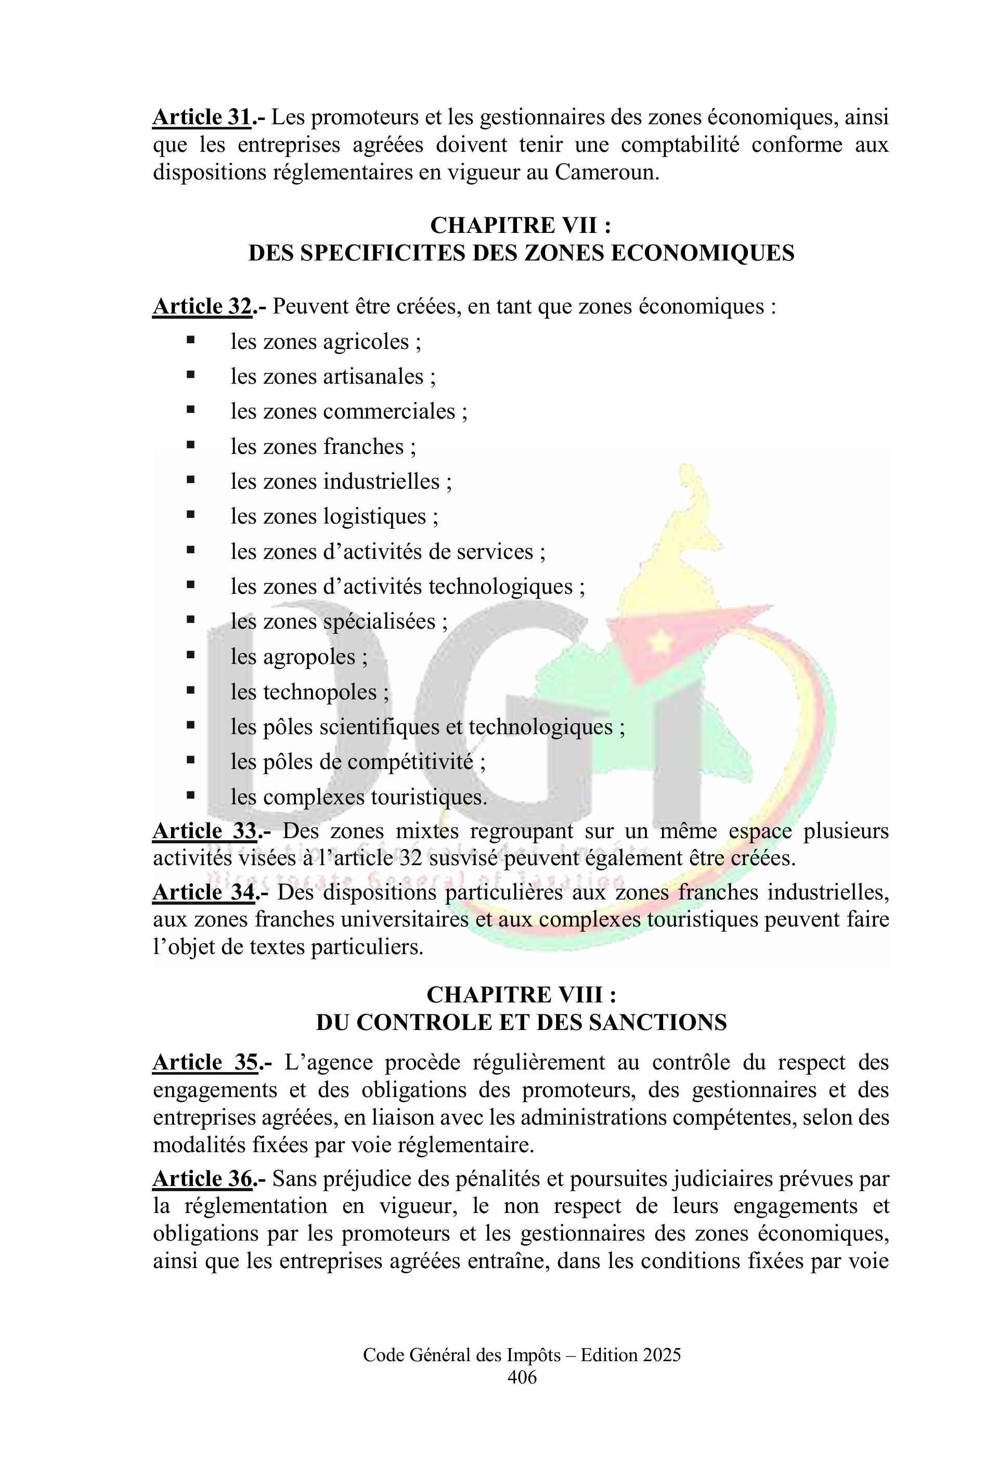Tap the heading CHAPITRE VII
pos(520,225)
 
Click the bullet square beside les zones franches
pos(190,446)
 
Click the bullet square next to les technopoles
pos(190,690)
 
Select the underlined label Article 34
pos(202,892)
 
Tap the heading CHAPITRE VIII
pos(520,995)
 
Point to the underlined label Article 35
pos(204,1062)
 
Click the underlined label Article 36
pos(202,1179)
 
